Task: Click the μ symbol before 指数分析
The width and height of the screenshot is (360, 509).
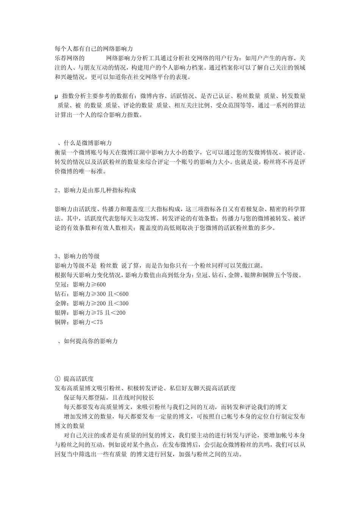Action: point(56,96)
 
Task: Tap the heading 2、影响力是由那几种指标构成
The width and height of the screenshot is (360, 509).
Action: point(95,190)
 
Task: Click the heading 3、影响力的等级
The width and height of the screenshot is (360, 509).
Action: point(77,256)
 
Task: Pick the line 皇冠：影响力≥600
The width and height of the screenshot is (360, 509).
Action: point(80,284)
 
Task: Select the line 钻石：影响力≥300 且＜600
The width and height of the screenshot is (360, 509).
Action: point(92,294)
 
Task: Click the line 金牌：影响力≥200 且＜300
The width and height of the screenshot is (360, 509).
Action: point(92,303)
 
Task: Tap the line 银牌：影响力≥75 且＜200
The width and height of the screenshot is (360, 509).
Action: point(90,313)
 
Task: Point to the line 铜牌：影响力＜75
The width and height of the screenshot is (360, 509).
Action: point(79,322)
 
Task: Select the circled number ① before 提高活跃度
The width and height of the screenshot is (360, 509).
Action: point(57,379)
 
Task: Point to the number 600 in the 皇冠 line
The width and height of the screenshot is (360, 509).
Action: point(102,284)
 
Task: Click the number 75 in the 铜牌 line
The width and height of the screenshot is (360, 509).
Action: point(99,322)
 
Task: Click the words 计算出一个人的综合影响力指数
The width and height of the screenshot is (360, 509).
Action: point(99,115)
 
